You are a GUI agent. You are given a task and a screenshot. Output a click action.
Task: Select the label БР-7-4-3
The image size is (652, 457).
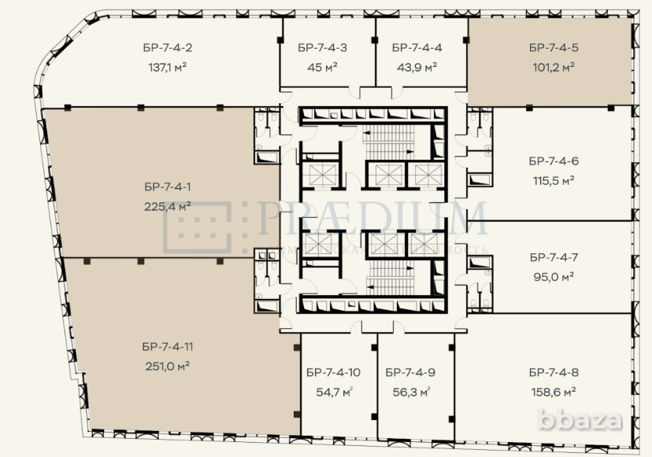(x=323, y=48)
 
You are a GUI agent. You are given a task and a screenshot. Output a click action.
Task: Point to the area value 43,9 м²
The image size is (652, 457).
(x=416, y=67)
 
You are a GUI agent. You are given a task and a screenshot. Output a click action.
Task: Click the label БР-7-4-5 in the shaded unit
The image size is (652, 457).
(x=554, y=48)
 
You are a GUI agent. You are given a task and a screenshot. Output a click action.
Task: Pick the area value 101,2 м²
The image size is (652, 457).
(x=554, y=67)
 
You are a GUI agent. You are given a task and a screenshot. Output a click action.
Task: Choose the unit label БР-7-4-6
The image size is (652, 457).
(x=554, y=161)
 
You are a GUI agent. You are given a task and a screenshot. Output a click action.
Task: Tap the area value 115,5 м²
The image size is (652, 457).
(x=554, y=180)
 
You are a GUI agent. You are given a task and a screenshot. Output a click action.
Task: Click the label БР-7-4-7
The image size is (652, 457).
(x=554, y=257)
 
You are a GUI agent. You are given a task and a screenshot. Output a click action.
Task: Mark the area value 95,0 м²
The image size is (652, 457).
(x=554, y=276)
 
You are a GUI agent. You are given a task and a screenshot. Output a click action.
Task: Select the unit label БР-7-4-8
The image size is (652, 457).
(x=554, y=372)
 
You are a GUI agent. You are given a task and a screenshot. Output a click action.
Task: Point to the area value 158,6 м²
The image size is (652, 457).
(x=554, y=391)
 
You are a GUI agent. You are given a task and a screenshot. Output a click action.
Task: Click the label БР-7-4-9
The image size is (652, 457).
(x=411, y=372)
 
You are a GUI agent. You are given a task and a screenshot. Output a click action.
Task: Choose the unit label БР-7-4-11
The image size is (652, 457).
(x=169, y=345)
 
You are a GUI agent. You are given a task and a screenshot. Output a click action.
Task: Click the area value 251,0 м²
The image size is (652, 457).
(x=169, y=365)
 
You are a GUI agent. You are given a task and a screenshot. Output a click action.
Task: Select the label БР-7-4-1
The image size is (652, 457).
(x=169, y=186)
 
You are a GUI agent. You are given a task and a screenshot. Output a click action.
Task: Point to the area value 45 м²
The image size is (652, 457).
(x=323, y=67)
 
